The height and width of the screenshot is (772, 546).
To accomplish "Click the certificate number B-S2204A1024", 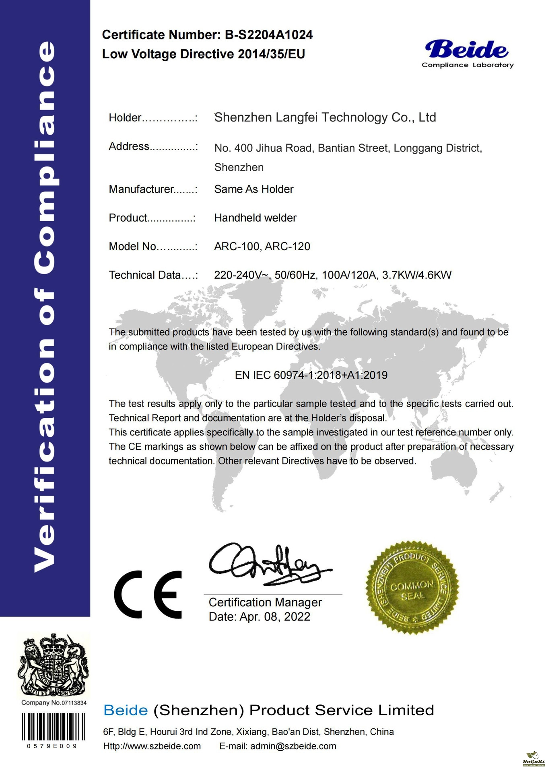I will pos(268,35).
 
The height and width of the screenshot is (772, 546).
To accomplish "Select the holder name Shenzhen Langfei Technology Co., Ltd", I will pos(325,117).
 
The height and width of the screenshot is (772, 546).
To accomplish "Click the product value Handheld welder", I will pos(255,218).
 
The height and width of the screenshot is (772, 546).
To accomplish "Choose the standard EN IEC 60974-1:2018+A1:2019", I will pos(311,375).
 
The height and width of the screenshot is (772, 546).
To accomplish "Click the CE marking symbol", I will pos(148,594).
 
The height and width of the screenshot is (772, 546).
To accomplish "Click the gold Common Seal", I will pos(412,587).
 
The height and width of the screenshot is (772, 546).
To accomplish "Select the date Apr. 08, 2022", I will pos(275,617).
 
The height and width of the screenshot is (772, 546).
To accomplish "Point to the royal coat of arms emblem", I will pos(53,665).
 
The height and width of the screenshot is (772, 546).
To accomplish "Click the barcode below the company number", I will pos(53,727).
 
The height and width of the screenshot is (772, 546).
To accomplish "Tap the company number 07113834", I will pos(74,703).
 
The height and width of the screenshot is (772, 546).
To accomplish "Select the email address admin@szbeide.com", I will pos(293,746).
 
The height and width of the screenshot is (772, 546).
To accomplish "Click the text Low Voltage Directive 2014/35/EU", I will pos(203,54).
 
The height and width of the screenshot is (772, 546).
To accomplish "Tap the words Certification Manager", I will pos(265,602).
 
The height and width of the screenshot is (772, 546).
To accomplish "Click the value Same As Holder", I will pos(253,189).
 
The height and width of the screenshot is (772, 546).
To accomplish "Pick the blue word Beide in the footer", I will pos(126,710).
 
